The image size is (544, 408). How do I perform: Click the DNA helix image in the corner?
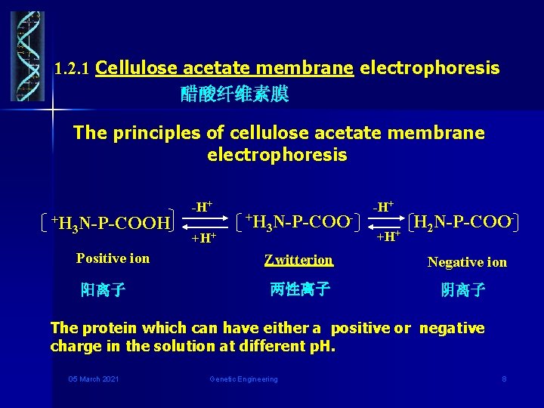click(x=27, y=56)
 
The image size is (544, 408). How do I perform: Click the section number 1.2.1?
click(x=73, y=69)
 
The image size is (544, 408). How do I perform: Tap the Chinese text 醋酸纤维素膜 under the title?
click(x=234, y=94)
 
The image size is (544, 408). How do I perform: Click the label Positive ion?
click(x=113, y=258)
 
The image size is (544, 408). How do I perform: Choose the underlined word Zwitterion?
click(x=299, y=260)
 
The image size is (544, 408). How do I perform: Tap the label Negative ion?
click(x=467, y=262)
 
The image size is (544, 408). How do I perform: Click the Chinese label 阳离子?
click(x=104, y=289)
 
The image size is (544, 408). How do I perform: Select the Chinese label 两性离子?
click(x=299, y=289)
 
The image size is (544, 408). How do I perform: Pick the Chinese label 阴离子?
click(x=463, y=290)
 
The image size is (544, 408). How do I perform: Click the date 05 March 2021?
click(x=93, y=379)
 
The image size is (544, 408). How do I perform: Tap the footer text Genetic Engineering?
click(x=243, y=379)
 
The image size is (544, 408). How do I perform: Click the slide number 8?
click(x=504, y=379)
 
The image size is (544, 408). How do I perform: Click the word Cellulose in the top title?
click(x=137, y=68)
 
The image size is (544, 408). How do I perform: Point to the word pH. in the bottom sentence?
click(x=321, y=346)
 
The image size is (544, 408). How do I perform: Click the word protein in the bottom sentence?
click(x=102, y=328)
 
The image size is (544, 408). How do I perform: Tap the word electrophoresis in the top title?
click(x=430, y=68)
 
